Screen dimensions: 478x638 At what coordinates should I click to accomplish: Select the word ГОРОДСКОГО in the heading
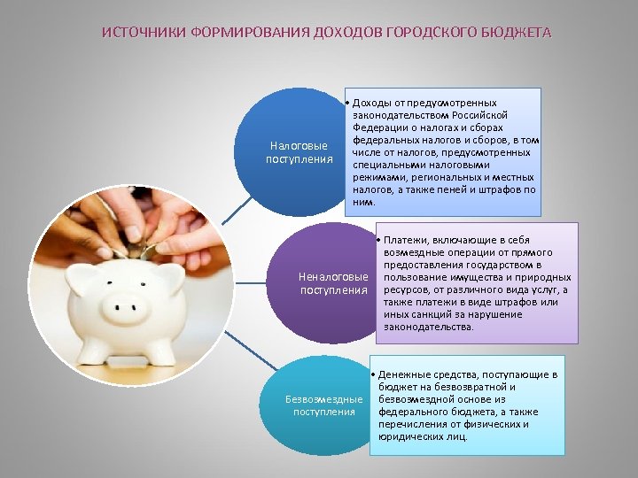[427, 33]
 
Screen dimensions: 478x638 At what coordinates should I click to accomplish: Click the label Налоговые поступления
[299, 152]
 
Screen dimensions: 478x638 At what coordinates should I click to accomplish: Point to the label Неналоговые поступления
[333, 283]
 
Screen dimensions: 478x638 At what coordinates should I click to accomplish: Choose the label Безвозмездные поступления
[323, 405]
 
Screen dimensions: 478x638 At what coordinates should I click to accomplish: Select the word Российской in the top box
[478, 116]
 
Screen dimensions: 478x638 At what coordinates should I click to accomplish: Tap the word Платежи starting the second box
[406, 240]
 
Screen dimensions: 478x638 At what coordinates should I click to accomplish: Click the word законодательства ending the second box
[428, 327]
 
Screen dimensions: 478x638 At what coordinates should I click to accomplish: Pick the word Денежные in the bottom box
[401, 374]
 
